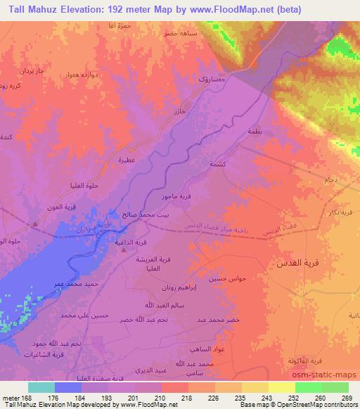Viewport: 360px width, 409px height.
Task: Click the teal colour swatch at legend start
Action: (x=41, y=387)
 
